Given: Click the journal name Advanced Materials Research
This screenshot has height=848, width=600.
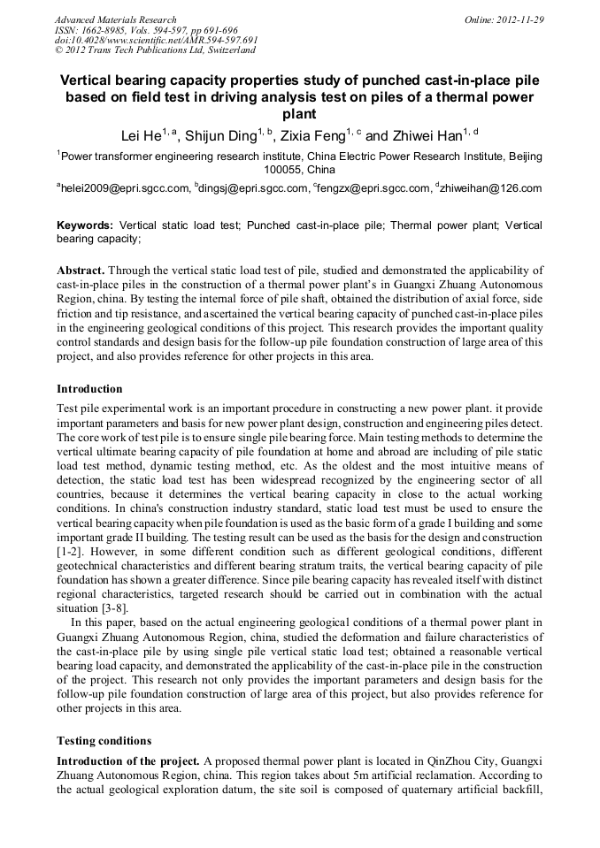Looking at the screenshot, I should click(x=115, y=19).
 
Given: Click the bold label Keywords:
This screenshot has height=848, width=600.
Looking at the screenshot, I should click(x=85, y=225).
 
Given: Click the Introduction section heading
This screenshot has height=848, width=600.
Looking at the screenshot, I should click(x=89, y=389).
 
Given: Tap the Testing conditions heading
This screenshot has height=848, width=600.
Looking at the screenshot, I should click(x=104, y=740).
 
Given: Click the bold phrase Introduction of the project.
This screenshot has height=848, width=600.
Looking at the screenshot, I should click(x=128, y=761).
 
